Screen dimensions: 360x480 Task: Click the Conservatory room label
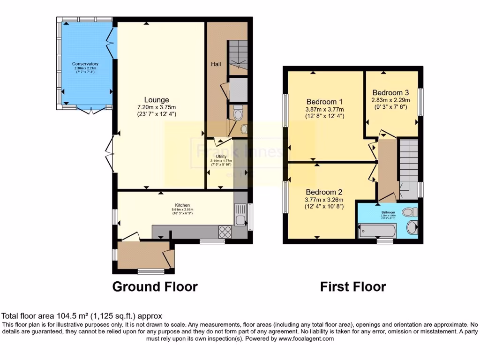pos(85,64)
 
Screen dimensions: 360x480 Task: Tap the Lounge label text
pos(157,100)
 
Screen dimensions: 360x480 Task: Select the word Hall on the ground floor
pos(216,64)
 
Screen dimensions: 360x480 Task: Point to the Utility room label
pos(221,157)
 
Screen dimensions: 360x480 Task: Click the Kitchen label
pos(182,205)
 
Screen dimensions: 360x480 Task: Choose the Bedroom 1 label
pos(325,102)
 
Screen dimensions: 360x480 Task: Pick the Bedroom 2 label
pos(324,192)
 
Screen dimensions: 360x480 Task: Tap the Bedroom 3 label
pos(390,92)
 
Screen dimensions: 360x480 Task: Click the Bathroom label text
pos(388,212)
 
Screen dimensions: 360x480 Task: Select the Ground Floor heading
pos(155,286)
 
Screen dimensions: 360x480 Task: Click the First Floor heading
pos(353,286)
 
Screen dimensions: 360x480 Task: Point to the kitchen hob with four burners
pos(225,232)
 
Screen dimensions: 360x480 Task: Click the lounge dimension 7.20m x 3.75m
pos(157,107)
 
